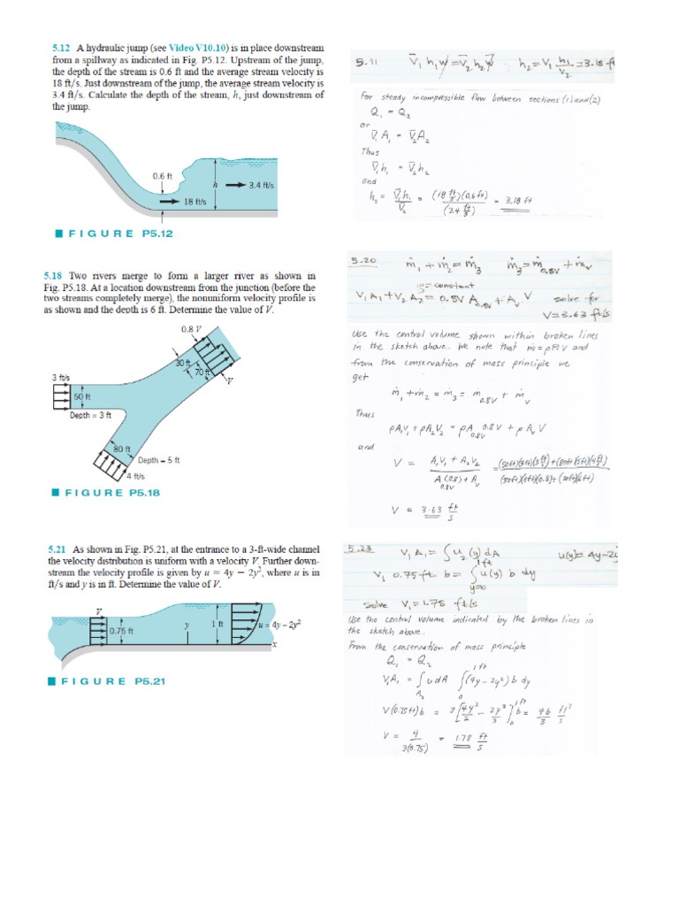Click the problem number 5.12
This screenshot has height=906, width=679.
pos(61,47)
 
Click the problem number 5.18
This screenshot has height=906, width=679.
pos(61,276)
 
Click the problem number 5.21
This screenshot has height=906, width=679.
pos(61,549)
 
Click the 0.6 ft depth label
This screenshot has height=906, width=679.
pos(161,175)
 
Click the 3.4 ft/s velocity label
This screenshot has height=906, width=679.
pos(265,185)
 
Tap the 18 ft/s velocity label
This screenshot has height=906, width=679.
pos(195,202)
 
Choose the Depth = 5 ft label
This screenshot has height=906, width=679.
pos(159,460)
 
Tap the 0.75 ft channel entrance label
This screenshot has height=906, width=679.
pos(120,631)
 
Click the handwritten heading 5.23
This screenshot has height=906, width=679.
pos(363,549)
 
